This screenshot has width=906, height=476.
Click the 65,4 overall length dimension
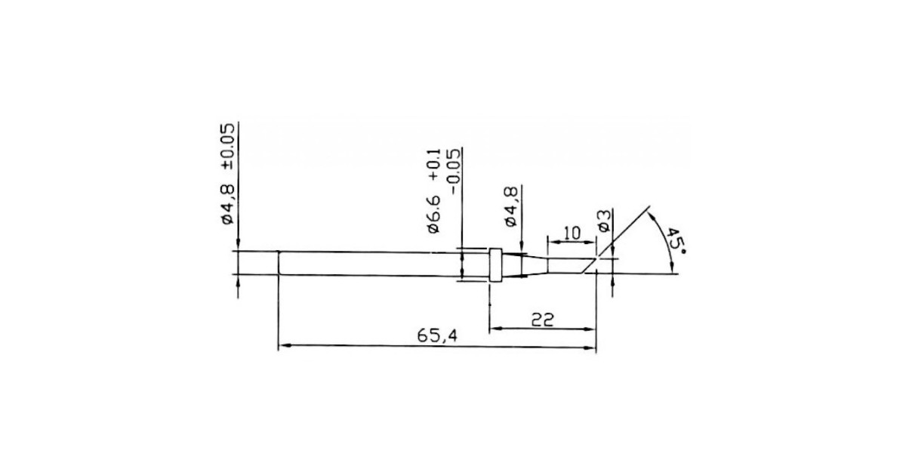tap(437, 335)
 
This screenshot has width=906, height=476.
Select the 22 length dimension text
tap(542, 320)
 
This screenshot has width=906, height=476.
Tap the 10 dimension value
tap(572, 233)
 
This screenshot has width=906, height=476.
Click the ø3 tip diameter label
tap(604, 221)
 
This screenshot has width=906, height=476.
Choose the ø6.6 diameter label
tap(433, 213)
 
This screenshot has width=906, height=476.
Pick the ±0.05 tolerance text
tap(227, 146)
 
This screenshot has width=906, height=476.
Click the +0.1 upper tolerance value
tap(433, 164)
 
